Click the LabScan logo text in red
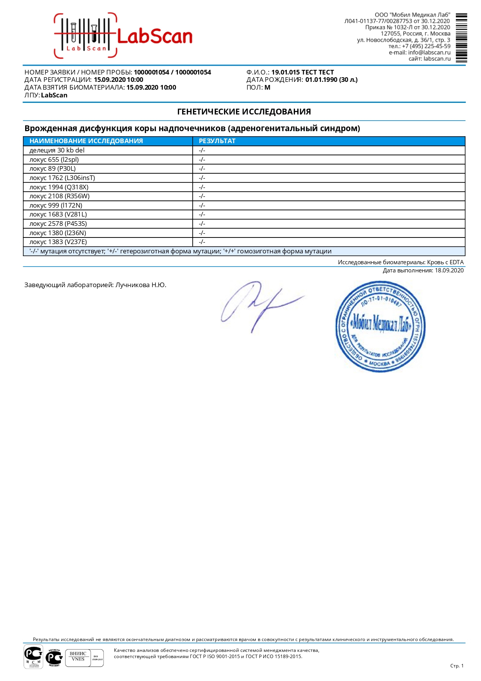point(154,36)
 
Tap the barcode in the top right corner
point(461,38)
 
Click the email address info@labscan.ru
point(429,52)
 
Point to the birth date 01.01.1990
point(321,80)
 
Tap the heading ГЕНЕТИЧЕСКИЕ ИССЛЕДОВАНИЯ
point(244,112)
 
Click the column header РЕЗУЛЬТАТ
point(217,141)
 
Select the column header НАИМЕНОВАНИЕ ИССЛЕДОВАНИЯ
point(86,141)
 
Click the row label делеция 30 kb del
point(57,150)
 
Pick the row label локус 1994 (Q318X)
point(59,187)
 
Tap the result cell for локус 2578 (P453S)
point(202,224)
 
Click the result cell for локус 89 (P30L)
point(202,168)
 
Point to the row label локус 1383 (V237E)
point(58,242)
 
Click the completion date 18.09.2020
point(449,270)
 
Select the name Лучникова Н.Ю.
point(141,285)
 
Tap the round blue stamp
point(380,326)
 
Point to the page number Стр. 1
point(457,665)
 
